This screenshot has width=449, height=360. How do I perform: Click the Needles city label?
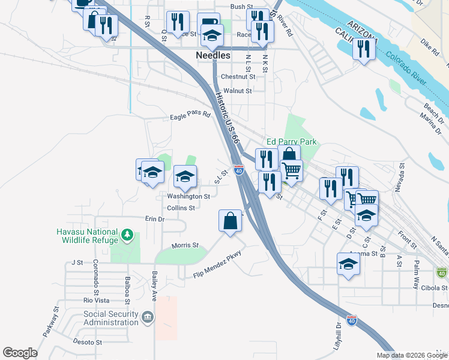point(213,55)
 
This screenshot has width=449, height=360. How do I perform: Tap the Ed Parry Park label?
point(291,142)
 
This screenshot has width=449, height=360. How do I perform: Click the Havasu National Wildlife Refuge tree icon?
point(127,233)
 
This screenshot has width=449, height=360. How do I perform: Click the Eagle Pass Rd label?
point(190,115)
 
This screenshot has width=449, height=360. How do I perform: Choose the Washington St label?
point(188,196)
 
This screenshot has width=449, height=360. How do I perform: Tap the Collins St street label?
point(181,208)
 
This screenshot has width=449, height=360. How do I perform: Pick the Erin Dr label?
point(155,219)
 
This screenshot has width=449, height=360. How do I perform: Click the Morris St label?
point(185,245)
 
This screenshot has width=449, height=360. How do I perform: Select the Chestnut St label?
point(238,77)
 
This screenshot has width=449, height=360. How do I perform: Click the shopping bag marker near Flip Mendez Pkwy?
point(231,221)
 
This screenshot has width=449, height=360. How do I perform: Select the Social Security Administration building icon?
point(148,316)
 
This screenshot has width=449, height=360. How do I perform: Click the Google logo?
point(20,353)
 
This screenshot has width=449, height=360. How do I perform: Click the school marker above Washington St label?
point(185,176)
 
